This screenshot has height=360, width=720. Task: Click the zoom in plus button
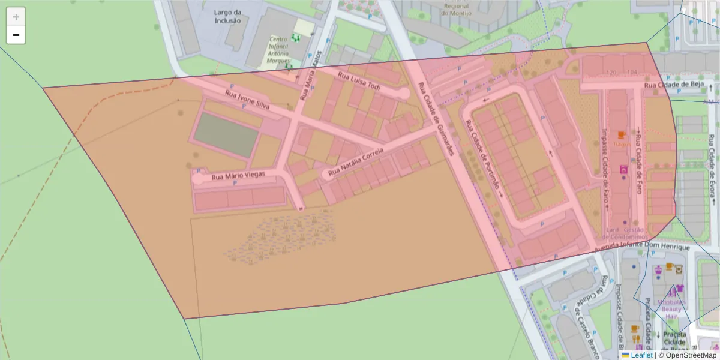(16, 17)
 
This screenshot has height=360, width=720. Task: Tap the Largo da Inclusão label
(227, 16)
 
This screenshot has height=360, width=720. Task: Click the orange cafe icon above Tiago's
(622, 134)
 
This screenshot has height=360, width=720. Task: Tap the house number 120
(611, 73)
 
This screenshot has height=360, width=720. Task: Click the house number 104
(632, 73)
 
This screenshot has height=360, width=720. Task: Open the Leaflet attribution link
(641, 355)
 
